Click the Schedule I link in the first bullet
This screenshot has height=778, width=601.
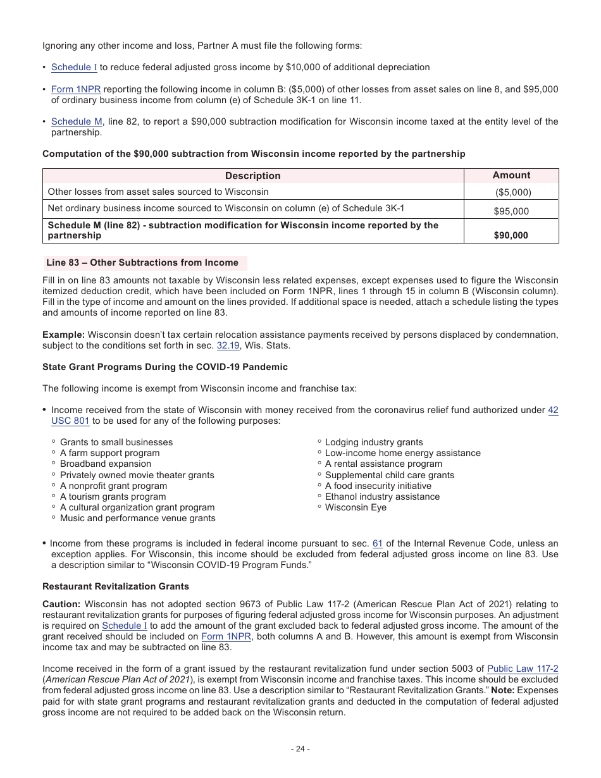point(74,67)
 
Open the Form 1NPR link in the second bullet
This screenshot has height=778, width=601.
point(76,89)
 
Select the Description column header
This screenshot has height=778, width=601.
point(252,176)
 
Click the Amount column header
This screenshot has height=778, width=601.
point(511,175)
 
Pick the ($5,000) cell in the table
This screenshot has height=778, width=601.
point(512,192)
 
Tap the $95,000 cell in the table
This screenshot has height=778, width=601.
point(511,211)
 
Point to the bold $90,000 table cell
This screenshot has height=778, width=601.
point(511,235)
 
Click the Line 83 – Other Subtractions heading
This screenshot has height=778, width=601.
point(142,262)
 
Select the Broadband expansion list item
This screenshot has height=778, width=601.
point(106,464)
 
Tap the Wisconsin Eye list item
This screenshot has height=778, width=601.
point(356,507)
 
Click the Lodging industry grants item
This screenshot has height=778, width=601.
point(374,442)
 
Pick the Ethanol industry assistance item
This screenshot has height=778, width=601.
point(382,497)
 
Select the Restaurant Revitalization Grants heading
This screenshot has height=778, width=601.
point(116,586)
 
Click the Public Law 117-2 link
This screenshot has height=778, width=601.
point(523,669)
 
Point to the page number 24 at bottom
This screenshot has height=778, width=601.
point(300,749)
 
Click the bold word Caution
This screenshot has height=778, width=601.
point(61,604)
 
